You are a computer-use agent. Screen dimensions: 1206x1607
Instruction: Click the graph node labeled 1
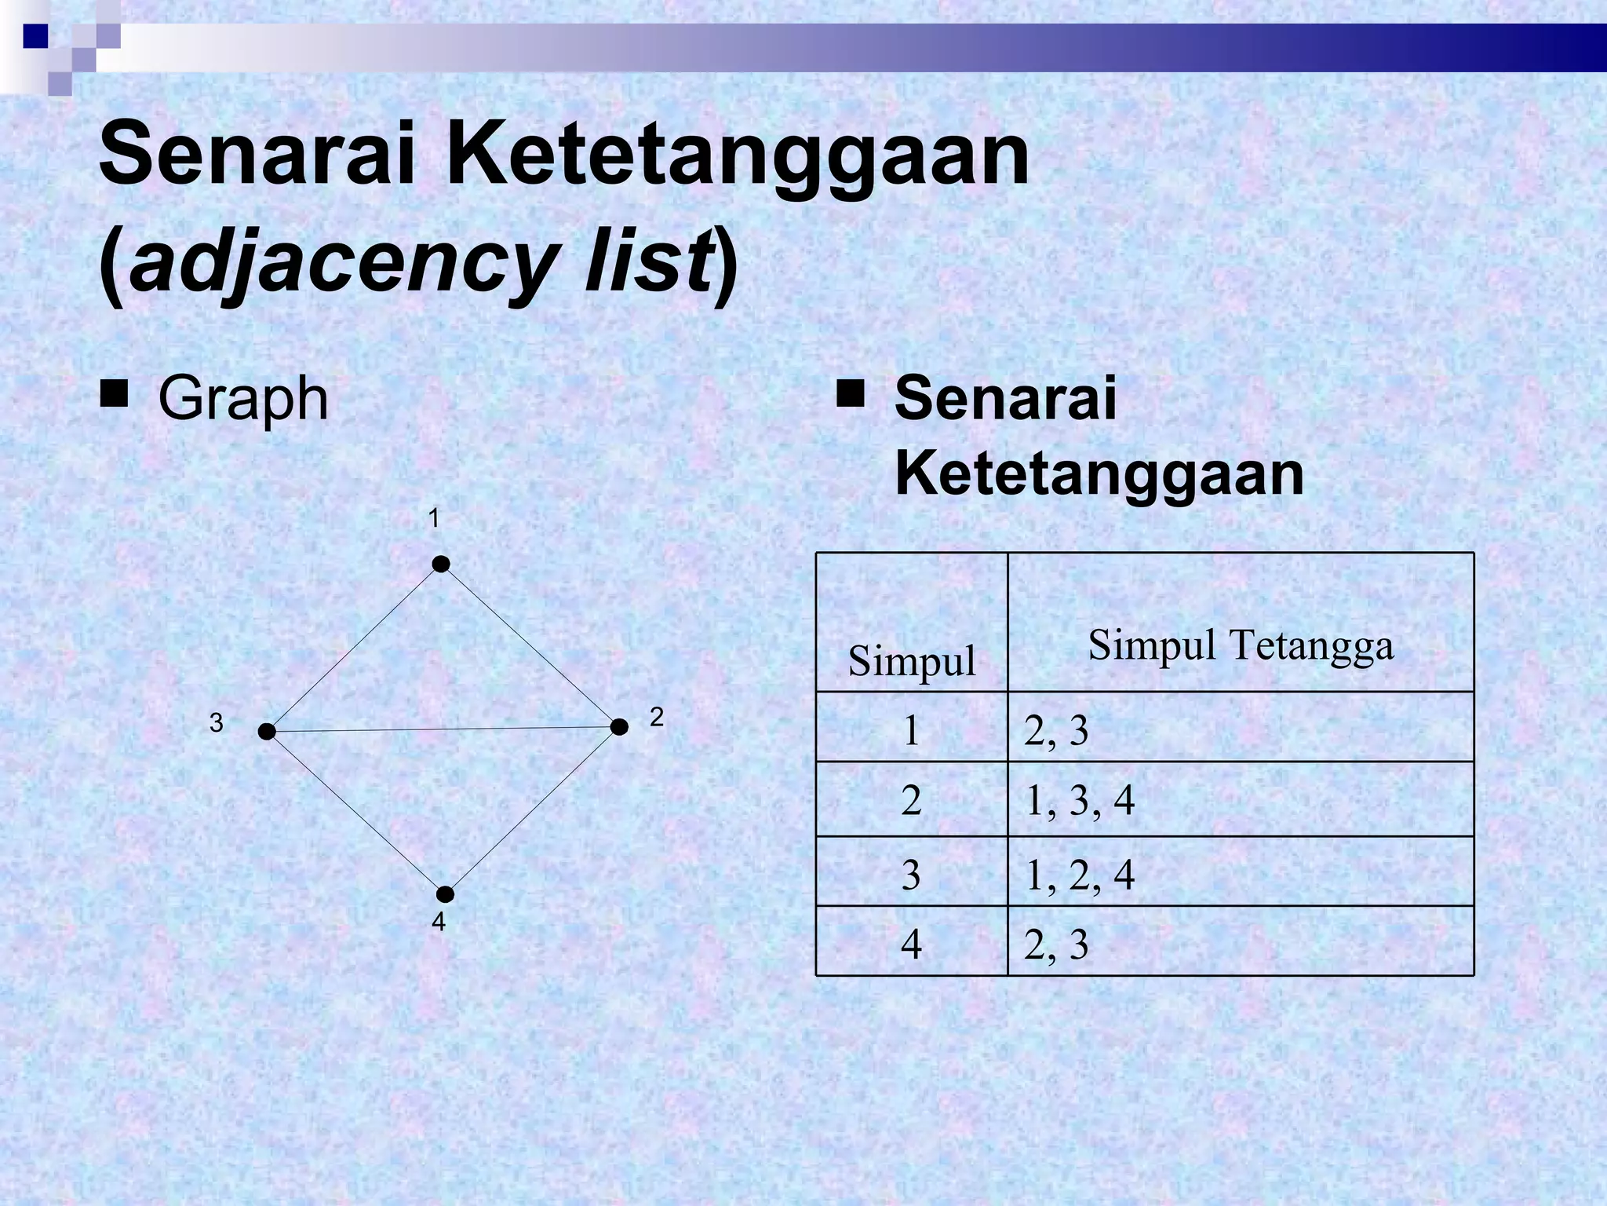pyautogui.click(x=441, y=565)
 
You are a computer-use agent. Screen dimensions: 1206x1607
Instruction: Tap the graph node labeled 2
pyautogui.click(x=619, y=727)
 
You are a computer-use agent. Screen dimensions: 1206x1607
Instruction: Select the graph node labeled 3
pyautogui.click(x=267, y=732)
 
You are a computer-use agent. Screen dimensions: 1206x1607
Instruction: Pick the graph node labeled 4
pyautogui.click(x=445, y=894)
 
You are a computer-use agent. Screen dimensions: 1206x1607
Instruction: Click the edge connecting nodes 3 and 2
pyautogui.click(x=443, y=729)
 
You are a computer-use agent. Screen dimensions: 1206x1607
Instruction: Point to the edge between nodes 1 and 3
pyautogui.click(x=354, y=648)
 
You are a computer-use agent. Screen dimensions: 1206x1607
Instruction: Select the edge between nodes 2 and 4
pyautogui.click(x=532, y=810)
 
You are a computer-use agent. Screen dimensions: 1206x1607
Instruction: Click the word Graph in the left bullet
pyautogui.click(x=243, y=399)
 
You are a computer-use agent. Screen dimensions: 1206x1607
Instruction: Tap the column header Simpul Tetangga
pyautogui.click(x=1241, y=645)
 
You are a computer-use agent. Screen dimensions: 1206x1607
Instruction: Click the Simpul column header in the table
pyautogui.click(x=912, y=661)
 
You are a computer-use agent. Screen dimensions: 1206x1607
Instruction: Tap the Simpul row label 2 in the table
pyautogui.click(x=911, y=801)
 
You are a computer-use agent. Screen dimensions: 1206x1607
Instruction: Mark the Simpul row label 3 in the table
pyautogui.click(x=911, y=875)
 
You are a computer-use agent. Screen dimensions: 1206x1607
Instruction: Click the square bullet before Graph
pyautogui.click(x=114, y=394)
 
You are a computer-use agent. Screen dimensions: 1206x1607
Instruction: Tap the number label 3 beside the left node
pyautogui.click(x=217, y=723)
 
